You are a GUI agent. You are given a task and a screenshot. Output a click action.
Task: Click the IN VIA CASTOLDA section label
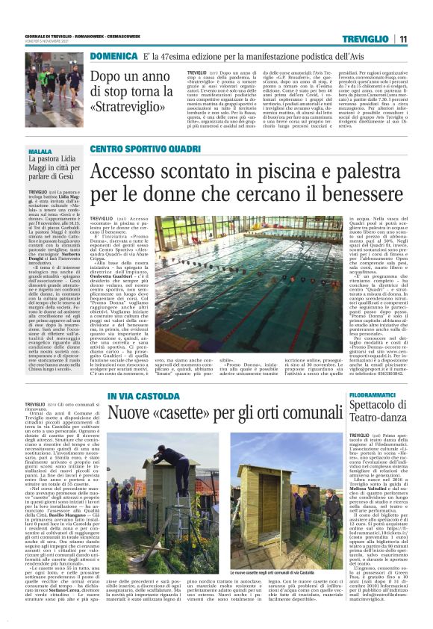click(138, 395)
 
